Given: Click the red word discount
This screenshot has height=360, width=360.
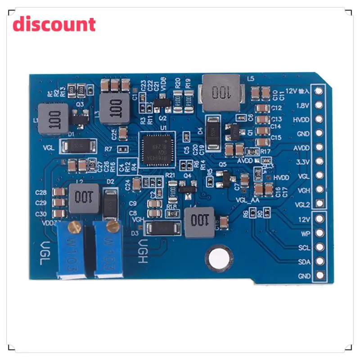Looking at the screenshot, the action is click(54, 24).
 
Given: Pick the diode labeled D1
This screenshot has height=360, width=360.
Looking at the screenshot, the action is click(78, 145).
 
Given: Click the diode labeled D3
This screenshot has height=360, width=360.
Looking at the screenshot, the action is click(163, 229).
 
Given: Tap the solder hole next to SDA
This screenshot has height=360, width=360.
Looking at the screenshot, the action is click(320, 261).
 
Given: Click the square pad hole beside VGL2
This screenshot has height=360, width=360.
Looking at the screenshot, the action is click(320, 203).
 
